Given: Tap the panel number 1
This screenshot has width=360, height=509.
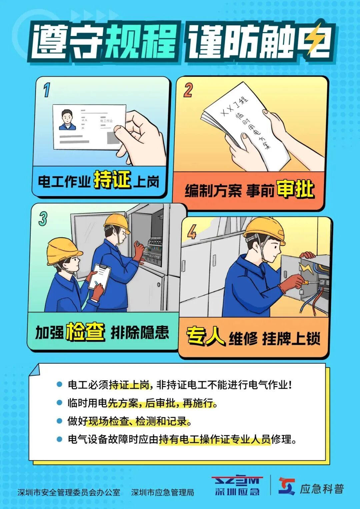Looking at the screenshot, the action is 47,90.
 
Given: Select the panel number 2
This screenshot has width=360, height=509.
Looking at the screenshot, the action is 188,90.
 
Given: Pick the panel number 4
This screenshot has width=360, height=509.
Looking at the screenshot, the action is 192,232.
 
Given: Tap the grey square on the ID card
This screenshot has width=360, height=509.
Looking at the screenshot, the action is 113,138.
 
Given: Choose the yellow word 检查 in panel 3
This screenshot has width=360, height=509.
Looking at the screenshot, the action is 85,332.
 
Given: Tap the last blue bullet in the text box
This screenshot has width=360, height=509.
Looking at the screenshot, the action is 59,439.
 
